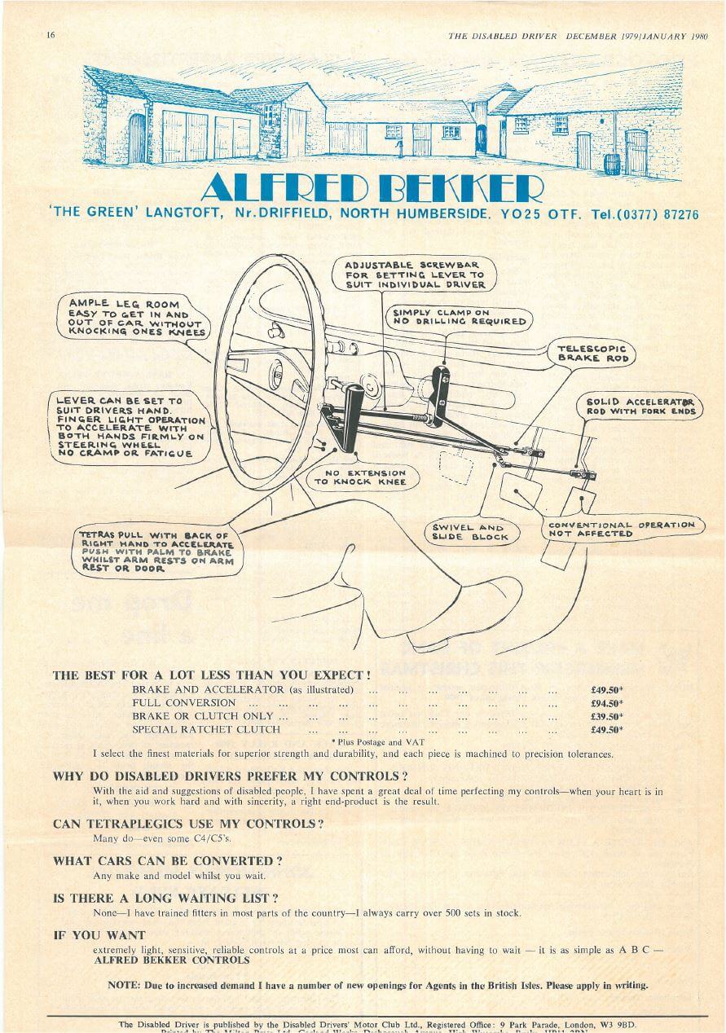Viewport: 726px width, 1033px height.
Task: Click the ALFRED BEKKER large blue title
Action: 371,189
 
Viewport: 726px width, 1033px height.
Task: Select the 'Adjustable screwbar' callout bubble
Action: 415,275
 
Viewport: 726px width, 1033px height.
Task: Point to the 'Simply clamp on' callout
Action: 459,316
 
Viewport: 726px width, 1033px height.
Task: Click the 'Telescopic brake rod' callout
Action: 592,353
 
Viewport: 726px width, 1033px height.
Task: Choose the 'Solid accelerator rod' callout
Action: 642,407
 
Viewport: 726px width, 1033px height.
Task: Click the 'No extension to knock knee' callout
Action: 365,477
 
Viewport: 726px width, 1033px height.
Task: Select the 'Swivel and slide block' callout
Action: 470,532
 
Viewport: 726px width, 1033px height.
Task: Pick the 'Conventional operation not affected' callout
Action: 622,529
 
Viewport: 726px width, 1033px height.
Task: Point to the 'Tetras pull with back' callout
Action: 156,552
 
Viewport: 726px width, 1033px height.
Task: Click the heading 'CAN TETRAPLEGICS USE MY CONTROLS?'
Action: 188,824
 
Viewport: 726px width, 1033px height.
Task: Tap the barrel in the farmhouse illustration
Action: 613,164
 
